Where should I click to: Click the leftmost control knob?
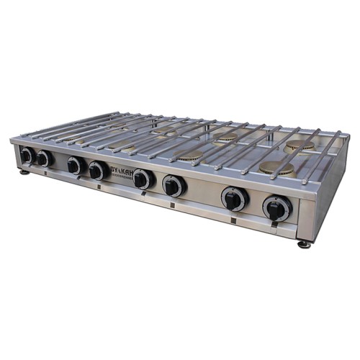27,155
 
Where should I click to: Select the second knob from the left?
45,159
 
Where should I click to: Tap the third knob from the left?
75,166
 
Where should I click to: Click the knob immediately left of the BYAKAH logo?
97,171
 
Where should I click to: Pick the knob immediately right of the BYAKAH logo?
143,179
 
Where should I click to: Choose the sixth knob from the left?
173,186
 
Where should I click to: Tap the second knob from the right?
234,199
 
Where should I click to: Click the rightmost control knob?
276,208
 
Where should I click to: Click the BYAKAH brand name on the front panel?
120,174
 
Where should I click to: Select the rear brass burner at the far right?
299,146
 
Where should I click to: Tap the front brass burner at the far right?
276,168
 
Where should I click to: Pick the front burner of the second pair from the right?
191,156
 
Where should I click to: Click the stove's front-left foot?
24,171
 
